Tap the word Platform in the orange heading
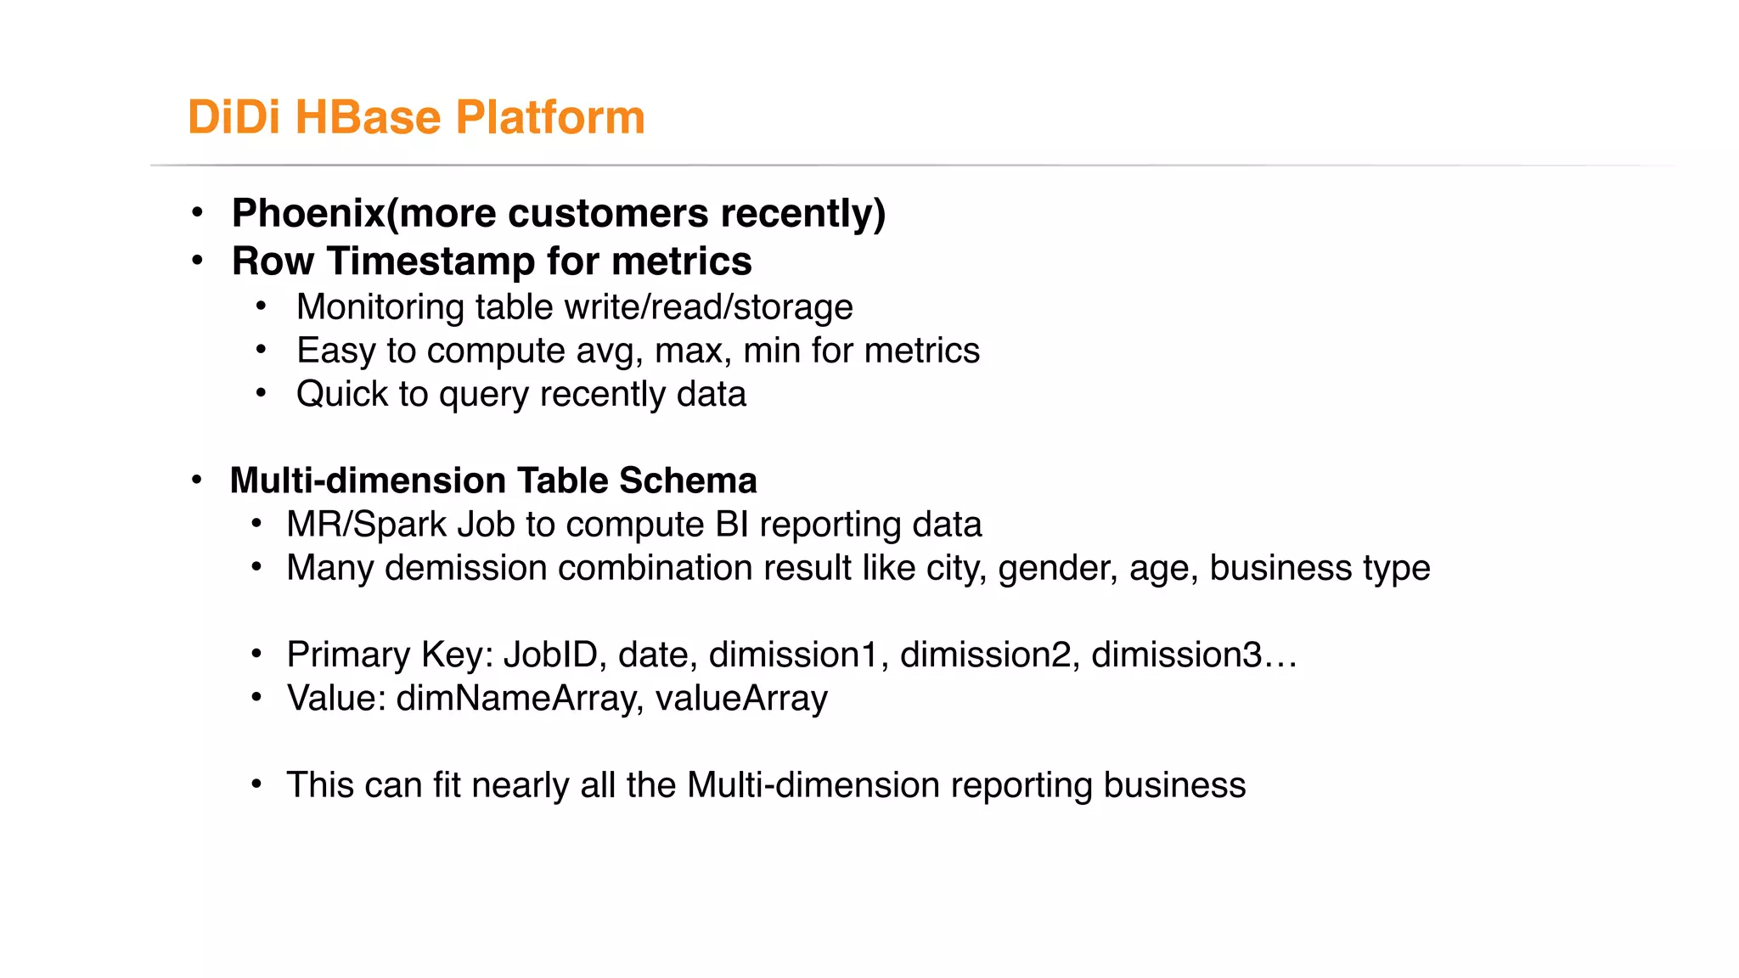pyautogui.click(x=550, y=117)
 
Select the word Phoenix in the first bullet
pyautogui.click(x=308, y=213)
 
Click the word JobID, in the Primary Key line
pyautogui.click(x=554, y=655)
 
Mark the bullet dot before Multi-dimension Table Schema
pyautogui.click(x=197, y=481)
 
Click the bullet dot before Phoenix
pyautogui.click(x=197, y=213)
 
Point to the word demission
pyautogui.click(x=465, y=568)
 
